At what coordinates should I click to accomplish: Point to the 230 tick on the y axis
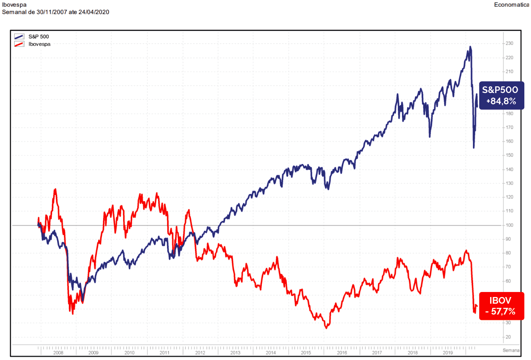tap(509, 44)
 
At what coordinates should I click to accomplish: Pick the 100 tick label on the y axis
tap(509, 225)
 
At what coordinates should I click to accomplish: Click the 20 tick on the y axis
tap(508, 337)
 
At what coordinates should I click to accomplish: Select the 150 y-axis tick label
tap(509, 155)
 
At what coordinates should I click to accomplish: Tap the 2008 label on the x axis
tap(58, 352)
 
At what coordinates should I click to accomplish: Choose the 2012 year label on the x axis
tap(200, 352)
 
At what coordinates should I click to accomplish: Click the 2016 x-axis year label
tap(342, 352)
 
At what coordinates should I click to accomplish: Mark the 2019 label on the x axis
tap(448, 352)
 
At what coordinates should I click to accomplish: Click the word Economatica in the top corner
tap(511, 5)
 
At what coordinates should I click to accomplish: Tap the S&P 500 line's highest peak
tap(470, 47)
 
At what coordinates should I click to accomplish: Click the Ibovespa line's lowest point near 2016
tap(326, 328)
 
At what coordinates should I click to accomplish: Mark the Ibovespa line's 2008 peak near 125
tap(55, 189)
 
